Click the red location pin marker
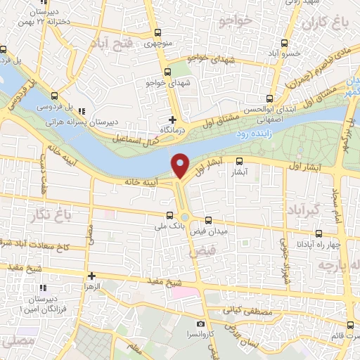181,165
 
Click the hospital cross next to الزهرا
91,275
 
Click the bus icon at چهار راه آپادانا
319,233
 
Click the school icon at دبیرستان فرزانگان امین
44,288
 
